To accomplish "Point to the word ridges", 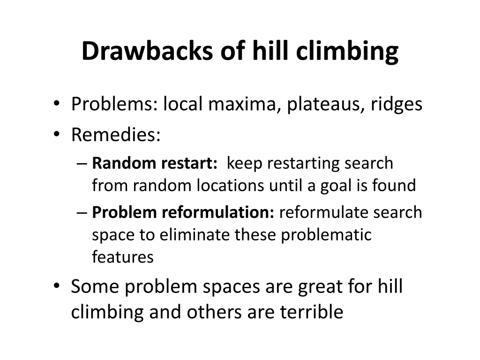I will [397, 104].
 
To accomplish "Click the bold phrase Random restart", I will [155, 163].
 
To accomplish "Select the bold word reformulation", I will [218, 212].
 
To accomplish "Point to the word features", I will [123, 257].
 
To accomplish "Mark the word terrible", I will [312, 312].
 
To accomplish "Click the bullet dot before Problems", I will [57, 104].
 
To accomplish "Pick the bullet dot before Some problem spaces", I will [57, 286].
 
